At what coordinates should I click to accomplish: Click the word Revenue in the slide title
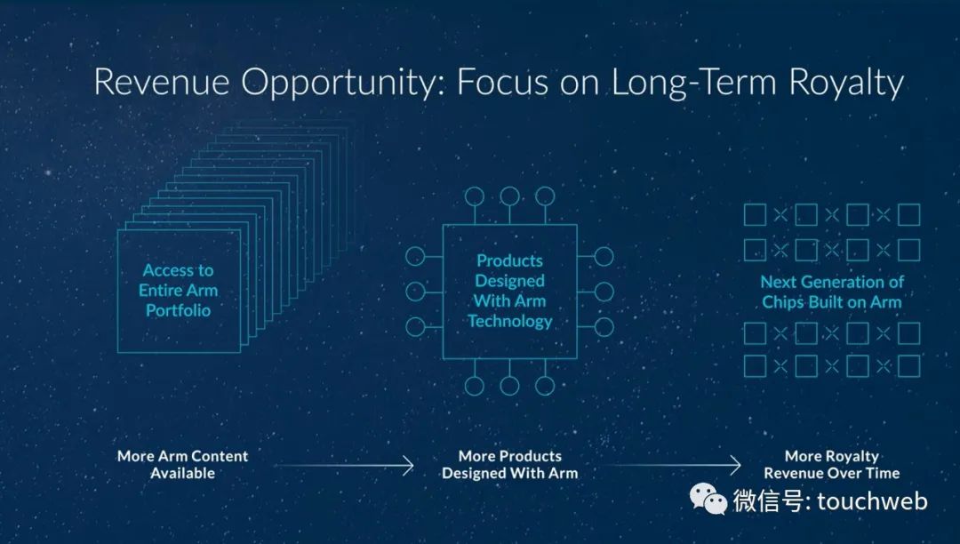click(x=162, y=82)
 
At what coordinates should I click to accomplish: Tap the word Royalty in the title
click(x=846, y=84)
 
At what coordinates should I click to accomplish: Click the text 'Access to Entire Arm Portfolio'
click(x=178, y=290)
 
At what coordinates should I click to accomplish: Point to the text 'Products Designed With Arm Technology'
click(x=510, y=291)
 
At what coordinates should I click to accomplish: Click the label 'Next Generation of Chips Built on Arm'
click(x=832, y=292)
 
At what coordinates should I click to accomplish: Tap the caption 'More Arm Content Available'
click(x=182, y=465)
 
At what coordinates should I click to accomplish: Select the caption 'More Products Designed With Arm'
click(x=510, y=465)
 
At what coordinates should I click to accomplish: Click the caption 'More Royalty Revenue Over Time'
click(x=831, y=465)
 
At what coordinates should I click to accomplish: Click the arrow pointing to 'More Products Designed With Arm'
click(x=344, y=466)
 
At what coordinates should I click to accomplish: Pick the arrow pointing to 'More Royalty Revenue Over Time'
click(x=672, y=466)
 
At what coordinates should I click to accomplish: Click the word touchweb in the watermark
click(x=872, y=501)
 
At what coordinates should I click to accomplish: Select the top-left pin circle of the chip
click(x=475, y=196)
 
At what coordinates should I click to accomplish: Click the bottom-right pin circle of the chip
click(x=545, y=386)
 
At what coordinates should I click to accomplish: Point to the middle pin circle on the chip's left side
click(x=415, y=292)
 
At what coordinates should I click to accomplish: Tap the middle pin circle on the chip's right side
click(x=604, y=292)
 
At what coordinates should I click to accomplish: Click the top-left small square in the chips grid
click(x=755, y=215)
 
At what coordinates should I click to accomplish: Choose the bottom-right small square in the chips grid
click(x=909, y=366)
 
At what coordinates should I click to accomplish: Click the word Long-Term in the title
click(x=694, y=83)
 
